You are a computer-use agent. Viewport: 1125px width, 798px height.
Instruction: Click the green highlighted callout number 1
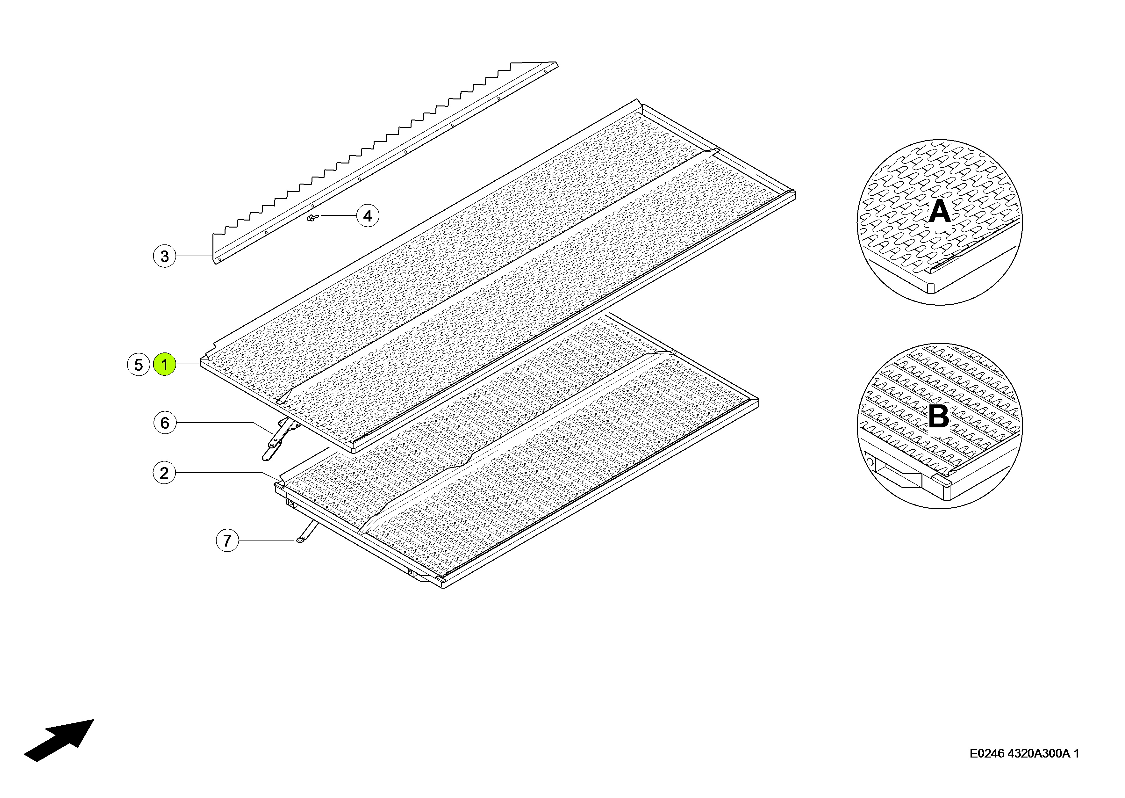(164, 365)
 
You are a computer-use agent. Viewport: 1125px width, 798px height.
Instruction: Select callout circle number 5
(139, 365)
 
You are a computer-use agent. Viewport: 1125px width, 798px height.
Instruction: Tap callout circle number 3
(164, 256)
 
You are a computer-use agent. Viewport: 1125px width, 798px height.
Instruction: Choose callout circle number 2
(164, 473)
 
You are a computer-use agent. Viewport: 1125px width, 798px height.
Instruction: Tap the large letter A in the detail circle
(939, 212)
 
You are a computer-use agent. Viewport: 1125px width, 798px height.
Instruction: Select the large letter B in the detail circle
(938, 417)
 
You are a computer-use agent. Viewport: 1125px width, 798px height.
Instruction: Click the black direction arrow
(59, 741)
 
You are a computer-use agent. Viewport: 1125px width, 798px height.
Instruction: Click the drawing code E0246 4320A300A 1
(1024, 754)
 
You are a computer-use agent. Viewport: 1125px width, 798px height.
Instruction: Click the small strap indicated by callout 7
(307, 532)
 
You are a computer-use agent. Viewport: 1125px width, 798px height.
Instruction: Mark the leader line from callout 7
(267, 540)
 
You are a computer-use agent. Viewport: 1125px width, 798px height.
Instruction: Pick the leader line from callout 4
(338, 215)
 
